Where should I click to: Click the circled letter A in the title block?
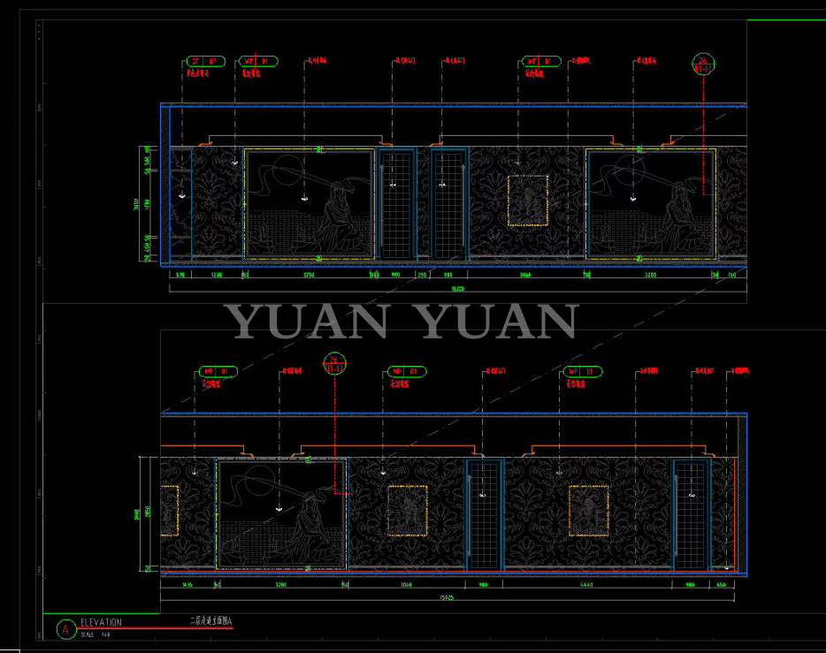click(x=64, y=629)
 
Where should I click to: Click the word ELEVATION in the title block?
click(x=101, y=623)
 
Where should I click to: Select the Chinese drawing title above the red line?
click(x=210, y=622)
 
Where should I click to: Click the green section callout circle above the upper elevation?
click(x=703, y=64)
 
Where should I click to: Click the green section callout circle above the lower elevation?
click(x=335, y=362)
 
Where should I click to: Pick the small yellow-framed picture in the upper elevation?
click(x=528, y=201)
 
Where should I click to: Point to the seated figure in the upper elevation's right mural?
click(x=681, y=212)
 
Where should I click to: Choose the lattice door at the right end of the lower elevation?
click(x=691, y=513)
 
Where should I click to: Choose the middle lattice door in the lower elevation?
click(x=484, y=513)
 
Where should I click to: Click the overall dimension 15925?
click(x=447, y=598)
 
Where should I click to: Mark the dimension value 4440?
click(x=587, y=585)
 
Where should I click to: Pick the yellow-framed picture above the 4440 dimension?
click(x=588, y=510)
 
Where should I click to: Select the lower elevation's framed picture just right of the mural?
click(x=408, y=510)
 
